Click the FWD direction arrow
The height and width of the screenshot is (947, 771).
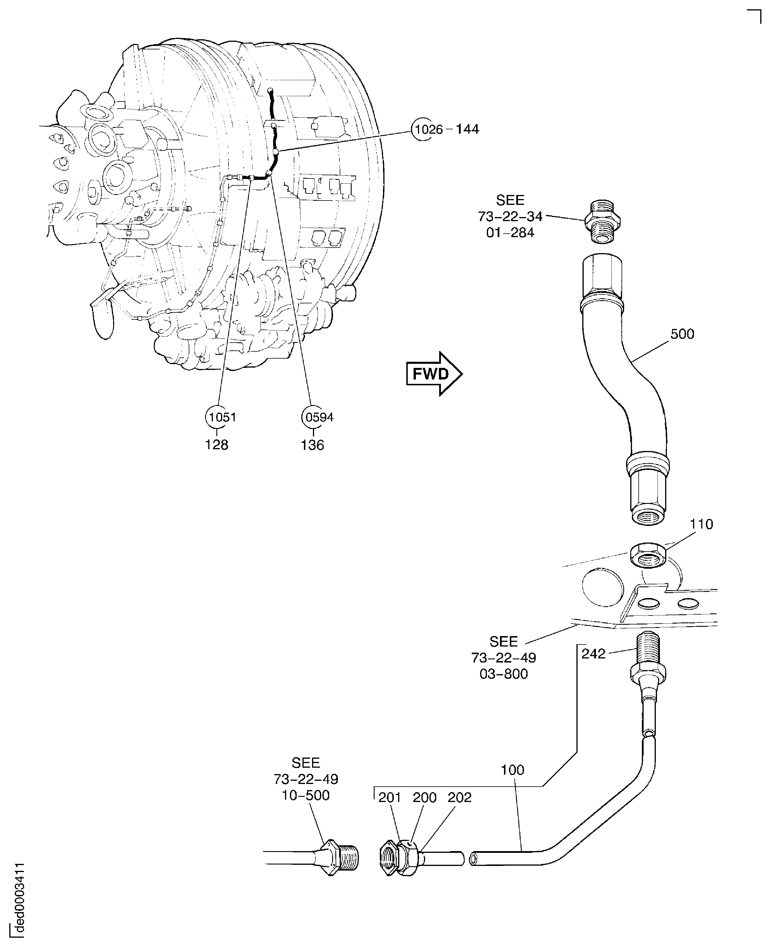(x=433, y=374)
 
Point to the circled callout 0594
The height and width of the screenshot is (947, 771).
(x=319, y=417)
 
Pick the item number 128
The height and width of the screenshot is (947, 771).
(x=216, y=445)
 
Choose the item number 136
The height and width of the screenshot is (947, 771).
(x=312, y=445)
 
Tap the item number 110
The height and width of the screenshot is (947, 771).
(x=701, y=524)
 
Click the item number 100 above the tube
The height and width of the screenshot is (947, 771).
(x=512, y=770)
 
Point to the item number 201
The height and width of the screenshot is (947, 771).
(x=389, y=797)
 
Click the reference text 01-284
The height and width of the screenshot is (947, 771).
(x=510, y=232)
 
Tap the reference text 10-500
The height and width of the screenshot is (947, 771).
(x=306, y=795)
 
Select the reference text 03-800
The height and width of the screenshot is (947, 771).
(x=504, y=674)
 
